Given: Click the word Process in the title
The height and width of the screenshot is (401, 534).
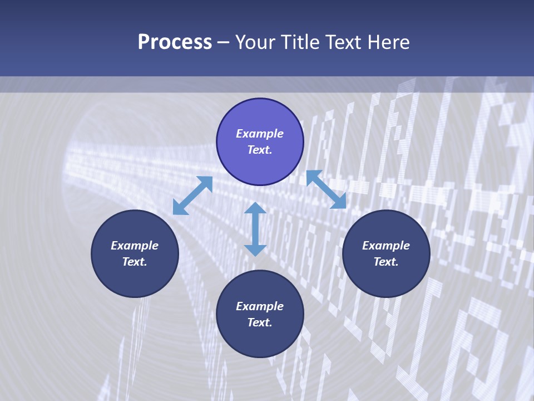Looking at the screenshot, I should [x=175, y=42].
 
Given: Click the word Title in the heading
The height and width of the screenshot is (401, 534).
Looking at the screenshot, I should [x=301, y=42].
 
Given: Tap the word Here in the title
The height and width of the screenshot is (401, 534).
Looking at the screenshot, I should [x=388, y=42].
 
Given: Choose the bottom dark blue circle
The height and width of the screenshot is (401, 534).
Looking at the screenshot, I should [x=260, y=340].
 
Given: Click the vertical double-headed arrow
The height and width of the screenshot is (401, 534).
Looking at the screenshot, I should [x=255, y=229].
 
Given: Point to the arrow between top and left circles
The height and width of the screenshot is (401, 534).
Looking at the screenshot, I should [x=192, y=195].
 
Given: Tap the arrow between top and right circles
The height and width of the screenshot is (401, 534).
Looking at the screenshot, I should [x=326, y=189].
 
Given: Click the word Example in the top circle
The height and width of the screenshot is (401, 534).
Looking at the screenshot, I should [x=260, y=134].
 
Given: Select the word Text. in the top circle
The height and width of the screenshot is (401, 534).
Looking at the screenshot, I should [x=260, y=150].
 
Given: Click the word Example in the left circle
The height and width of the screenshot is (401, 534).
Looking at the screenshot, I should [x=135, y=246].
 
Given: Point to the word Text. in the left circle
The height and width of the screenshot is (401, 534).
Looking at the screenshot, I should [x=135, y=262].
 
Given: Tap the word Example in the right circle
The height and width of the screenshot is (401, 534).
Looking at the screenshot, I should [x=386, y=246].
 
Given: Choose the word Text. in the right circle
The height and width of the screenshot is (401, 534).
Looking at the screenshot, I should [x=386, y=262].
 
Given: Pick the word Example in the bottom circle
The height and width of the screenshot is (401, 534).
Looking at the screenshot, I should [x=260, y=306].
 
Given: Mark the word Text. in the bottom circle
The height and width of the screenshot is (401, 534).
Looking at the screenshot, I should [x=260, y=322].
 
